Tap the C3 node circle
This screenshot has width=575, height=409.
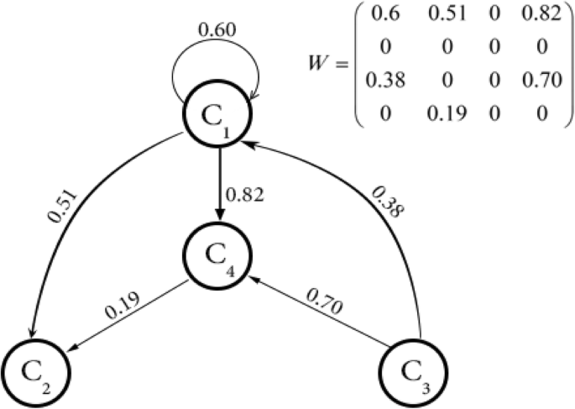click(413, 373)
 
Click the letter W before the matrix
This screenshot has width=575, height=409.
click(318, 61)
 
